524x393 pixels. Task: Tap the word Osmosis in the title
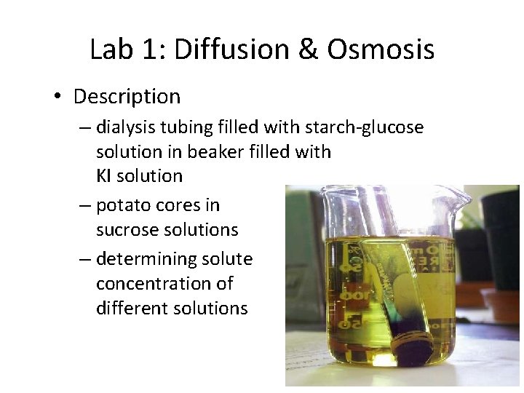pyautogui.click(x=381, y=49)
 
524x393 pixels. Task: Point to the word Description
pyautogui.click(x=127, y=96)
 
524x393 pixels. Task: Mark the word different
pyautogui.click(x=128, y=308)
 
